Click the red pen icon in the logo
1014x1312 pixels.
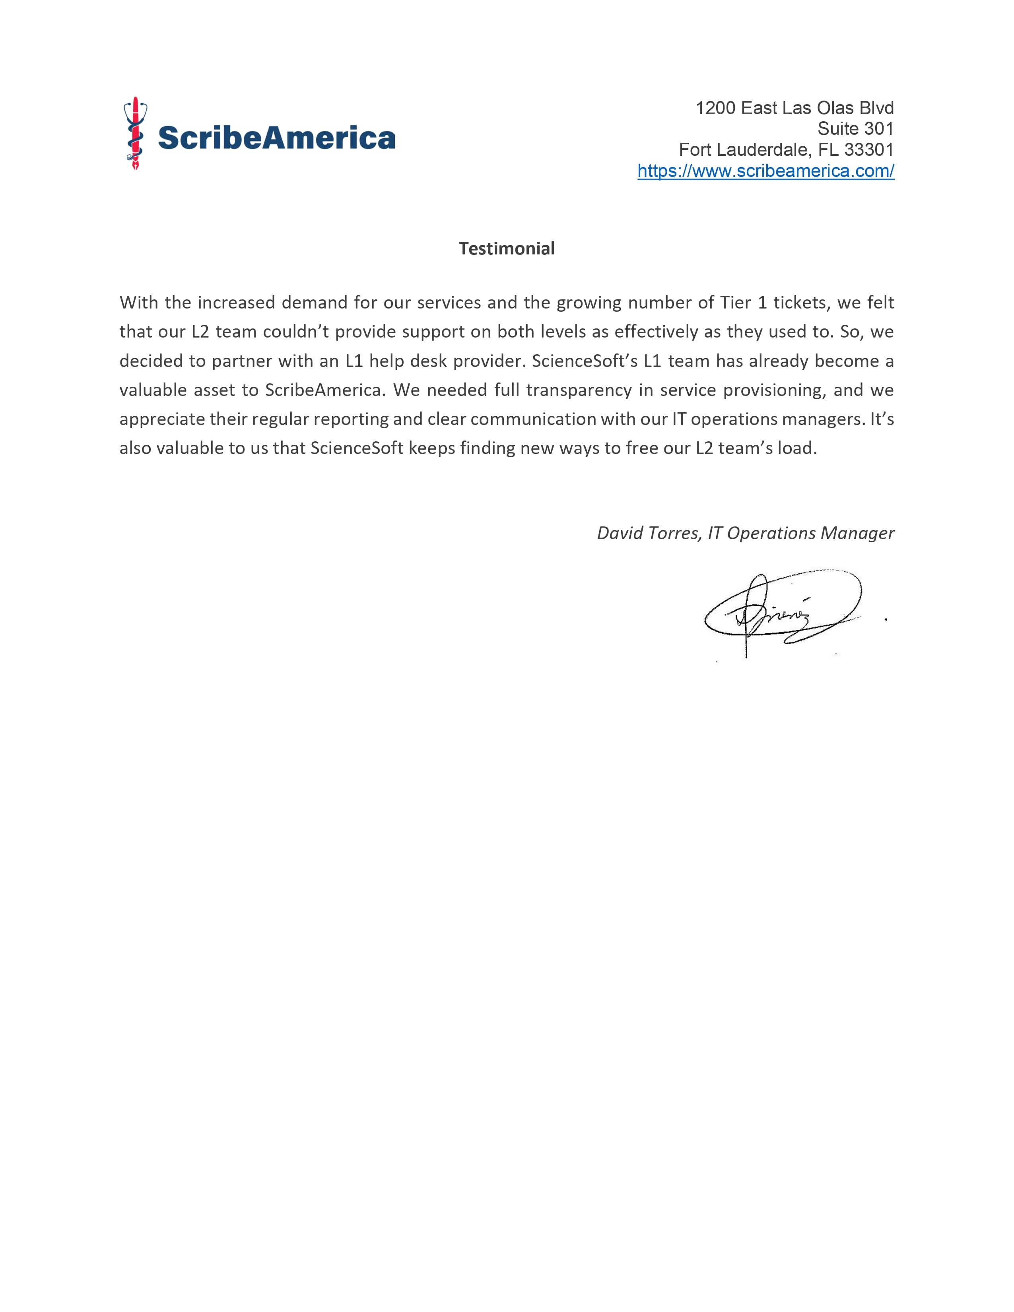[136, 133]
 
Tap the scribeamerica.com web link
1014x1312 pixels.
[765, 171]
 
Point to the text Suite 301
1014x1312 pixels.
[855, 128]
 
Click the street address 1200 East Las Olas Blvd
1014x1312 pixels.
[794, 108]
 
